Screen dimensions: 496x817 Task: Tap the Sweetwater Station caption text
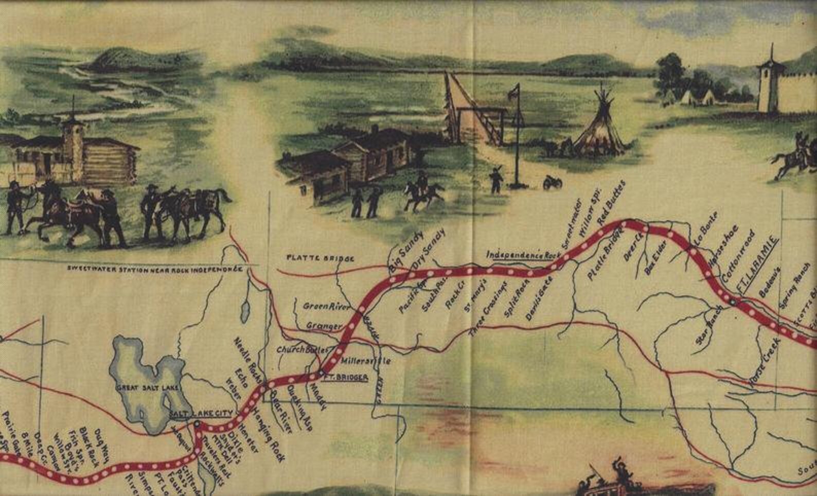[x=154, y=269]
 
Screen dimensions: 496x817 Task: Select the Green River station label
[x=326, y=307]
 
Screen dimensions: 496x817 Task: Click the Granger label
[x=324, y=326]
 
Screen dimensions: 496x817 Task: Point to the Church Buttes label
[x=302, y=350]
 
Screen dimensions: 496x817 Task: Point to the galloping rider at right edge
[x=796, y=157]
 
